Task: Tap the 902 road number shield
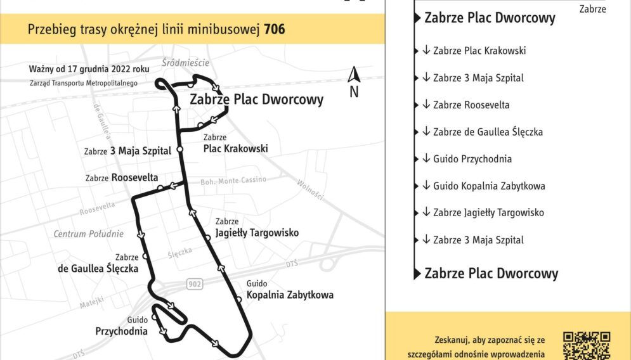pyautogui.click(x=195, y=284)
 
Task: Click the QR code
pyautogui.click(x=587, y=345)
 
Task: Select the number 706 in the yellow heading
pyautogui.click(x=275, y=29)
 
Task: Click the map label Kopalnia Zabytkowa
pyautogui.click(x=289, y=295)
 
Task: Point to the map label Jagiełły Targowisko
pyautogui.click(x=256, y=233)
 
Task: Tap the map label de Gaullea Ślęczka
pyautogui.click(x=98, y=268)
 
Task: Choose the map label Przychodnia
pyautogui.click(x=121, y=331)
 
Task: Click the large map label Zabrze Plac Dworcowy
pyautogui.click(x=256, y=100)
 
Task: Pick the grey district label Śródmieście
pyautogui.click(x=185, y=63)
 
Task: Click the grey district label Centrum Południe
pyautogui.click(x=88, y=234)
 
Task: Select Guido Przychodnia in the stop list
pyautogui.click(x=472, y=159)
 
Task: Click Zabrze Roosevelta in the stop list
pyautogui.click(x=471, y=105)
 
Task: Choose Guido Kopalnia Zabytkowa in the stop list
pyautogui.click(x=488, y=186)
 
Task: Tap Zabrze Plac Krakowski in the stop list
pyautogui.click(x=479, y=51)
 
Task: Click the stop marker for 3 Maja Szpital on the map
pyautogui.click(x=179, y=150)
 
